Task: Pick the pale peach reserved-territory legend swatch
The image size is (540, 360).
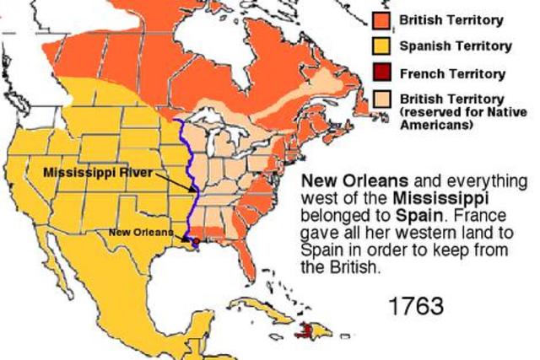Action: pos(381,100)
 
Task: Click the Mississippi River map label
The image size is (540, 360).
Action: pos(99,172)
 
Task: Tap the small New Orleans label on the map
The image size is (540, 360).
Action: pos(141,232)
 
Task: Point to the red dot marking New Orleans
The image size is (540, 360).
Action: pos(197,241)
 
